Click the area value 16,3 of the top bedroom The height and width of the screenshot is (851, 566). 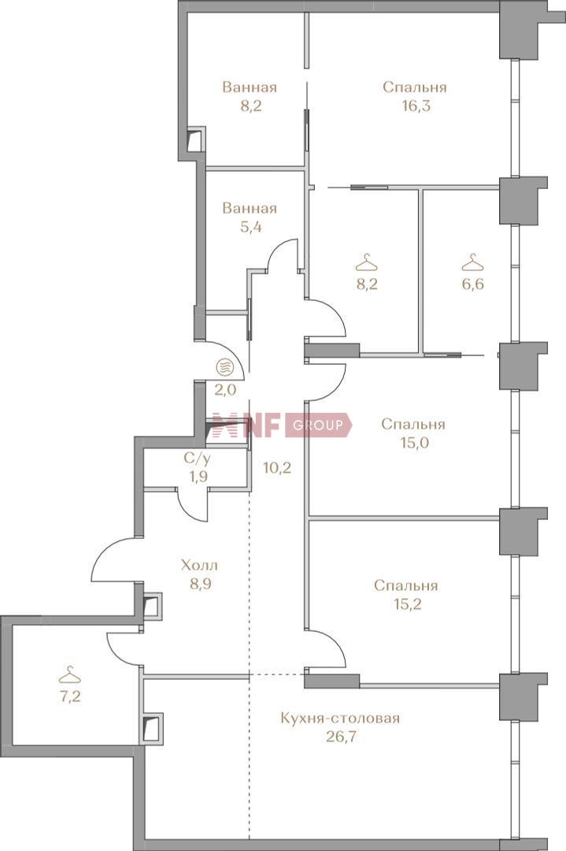pos(416,106)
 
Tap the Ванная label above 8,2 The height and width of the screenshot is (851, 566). pos(250,87)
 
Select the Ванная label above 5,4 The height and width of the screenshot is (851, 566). pos(250,208)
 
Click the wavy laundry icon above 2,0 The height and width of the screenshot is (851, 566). pos(225,367)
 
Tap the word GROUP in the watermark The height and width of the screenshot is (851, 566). pos(318,425)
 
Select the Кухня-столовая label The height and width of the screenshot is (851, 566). pos(340,719)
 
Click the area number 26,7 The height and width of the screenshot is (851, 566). pos(340,737)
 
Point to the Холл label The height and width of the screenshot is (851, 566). pos(199,566)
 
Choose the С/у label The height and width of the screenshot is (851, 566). pos(197,459)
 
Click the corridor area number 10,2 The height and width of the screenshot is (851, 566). pos(277,467)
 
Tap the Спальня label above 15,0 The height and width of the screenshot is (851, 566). pos(413,424)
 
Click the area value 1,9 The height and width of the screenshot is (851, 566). pos(197,477)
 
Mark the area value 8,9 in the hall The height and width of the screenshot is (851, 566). pos(199,584)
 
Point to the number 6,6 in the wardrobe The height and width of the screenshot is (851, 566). pos(473,284)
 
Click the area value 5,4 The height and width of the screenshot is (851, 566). pos(250,227)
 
